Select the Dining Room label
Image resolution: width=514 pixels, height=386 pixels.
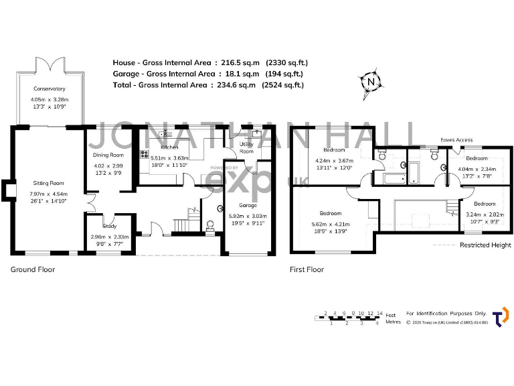(108, 155)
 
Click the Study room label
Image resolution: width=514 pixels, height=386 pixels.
(110, 226)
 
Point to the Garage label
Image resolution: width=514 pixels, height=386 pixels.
(247, 206)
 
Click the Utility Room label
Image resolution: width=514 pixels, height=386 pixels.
(246, 147)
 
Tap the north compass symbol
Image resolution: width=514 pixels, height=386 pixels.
(370, 82)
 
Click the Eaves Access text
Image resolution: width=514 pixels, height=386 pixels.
(457, 140)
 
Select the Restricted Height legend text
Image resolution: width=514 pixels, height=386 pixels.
(485, 245)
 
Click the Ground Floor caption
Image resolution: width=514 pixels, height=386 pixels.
(32, 269)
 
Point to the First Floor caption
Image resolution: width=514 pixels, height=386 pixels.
(307, 269)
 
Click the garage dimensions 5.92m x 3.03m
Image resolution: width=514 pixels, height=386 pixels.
(247, 216)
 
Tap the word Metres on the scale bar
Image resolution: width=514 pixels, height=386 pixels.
(394, 322)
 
